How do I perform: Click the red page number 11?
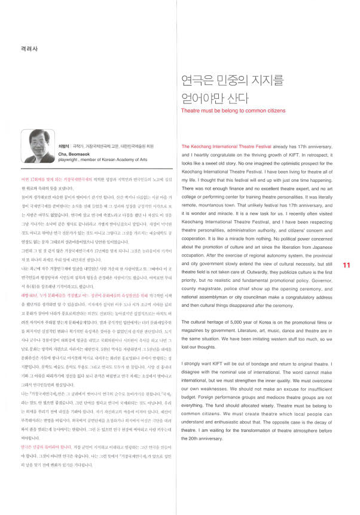click(346, 264)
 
